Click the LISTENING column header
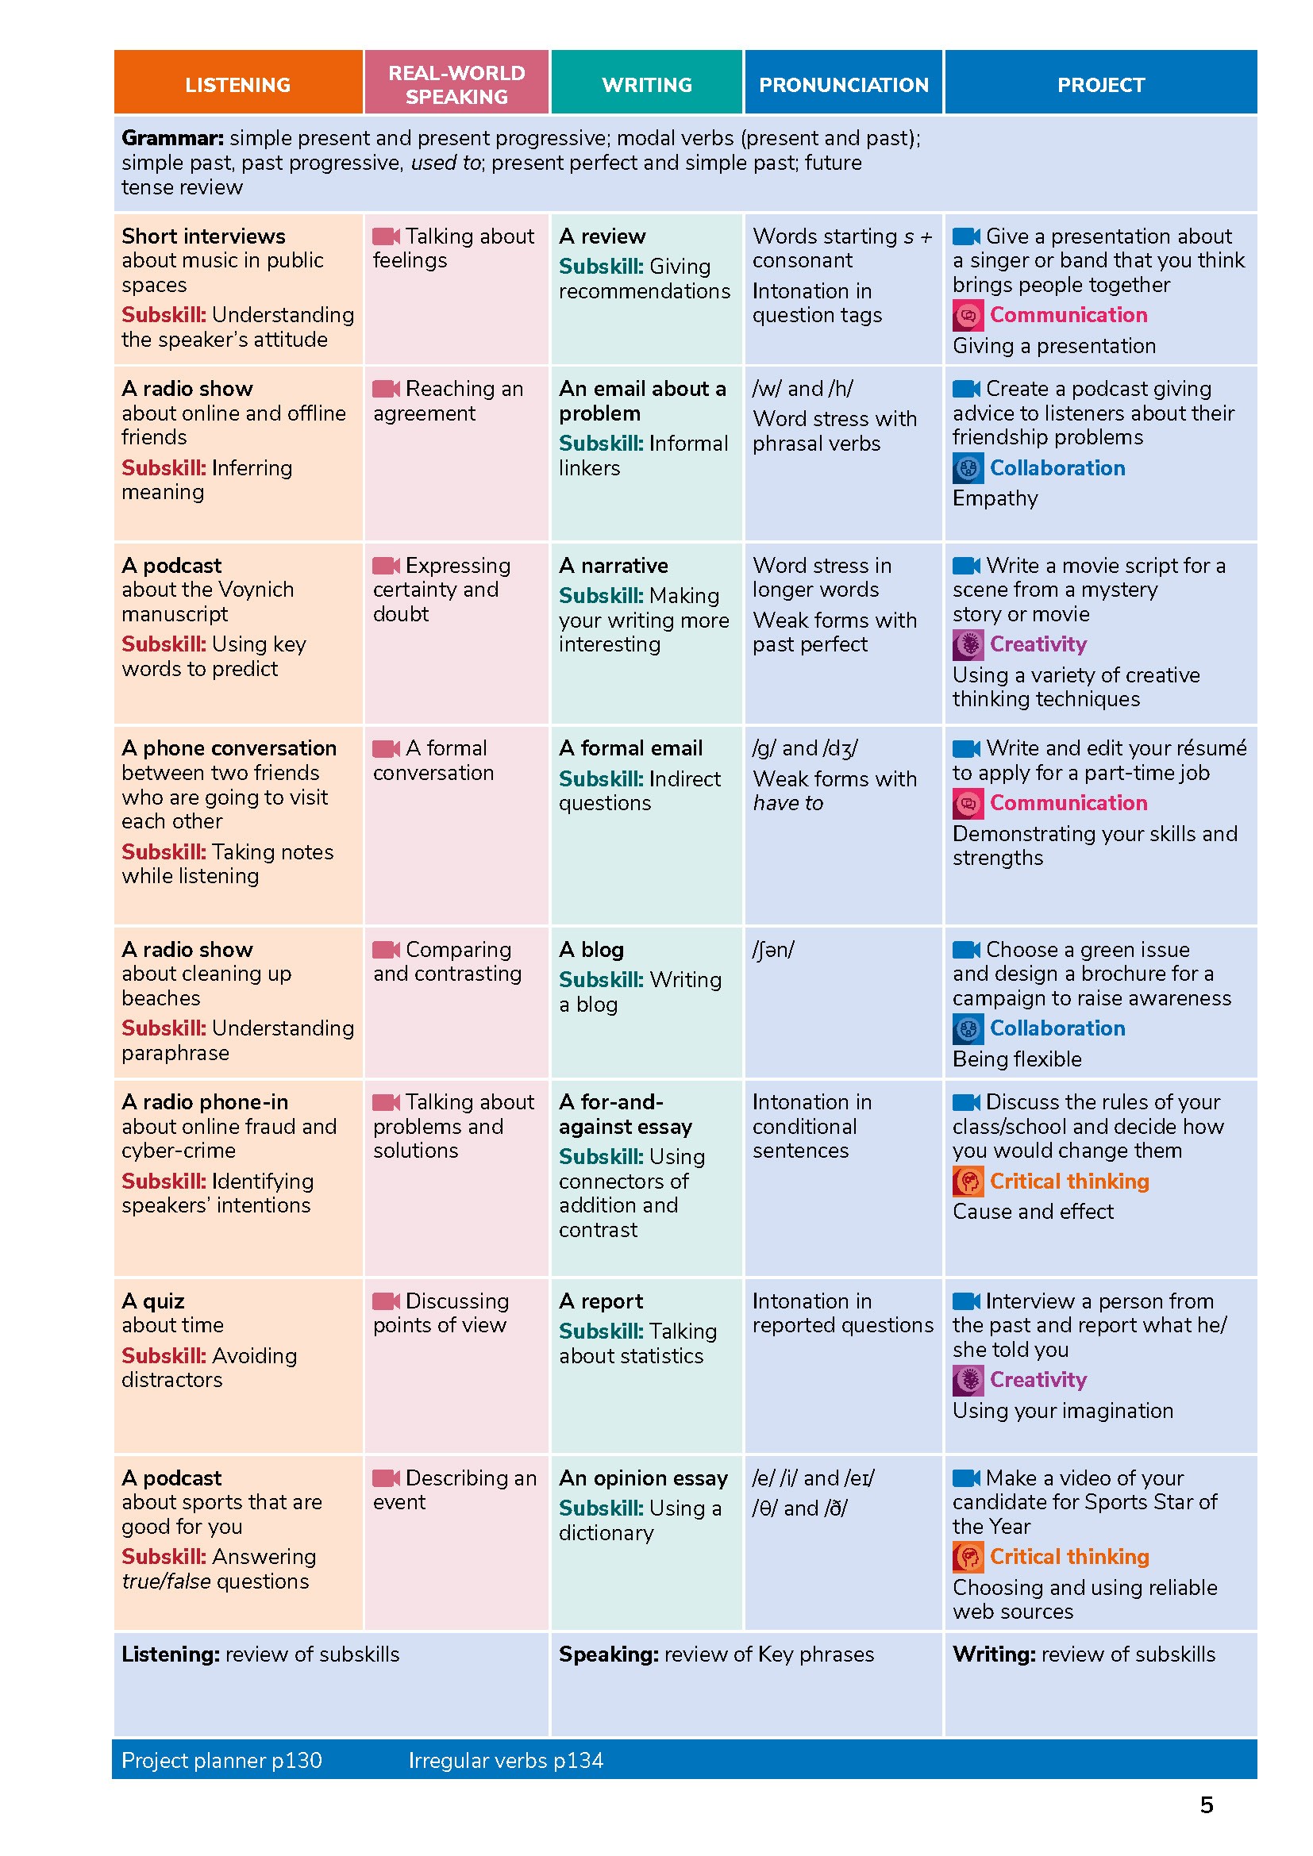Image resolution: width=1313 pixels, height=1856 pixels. (237, 85)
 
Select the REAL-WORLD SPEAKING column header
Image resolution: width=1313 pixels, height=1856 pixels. (456, 84)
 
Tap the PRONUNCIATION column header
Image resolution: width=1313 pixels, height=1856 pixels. (843, 85)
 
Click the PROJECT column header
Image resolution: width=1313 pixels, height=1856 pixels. (1100, 85)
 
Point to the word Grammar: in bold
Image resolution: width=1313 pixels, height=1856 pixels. (172, 138)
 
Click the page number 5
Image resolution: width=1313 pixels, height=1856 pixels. (1207, 1804)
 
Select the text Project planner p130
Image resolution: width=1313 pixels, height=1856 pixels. (221, 1760)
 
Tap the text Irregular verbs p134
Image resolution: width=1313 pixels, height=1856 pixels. (506, 1760)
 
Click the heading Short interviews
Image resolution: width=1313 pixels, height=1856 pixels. (203, 236)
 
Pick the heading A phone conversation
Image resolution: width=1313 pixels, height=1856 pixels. (229, 747)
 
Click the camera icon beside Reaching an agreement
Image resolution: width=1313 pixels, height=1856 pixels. (386, 389)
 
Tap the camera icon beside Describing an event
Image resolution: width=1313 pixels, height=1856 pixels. (386, 1477)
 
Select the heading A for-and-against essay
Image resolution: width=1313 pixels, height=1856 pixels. (625, 1114)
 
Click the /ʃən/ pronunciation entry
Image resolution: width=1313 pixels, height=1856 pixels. (773, 949)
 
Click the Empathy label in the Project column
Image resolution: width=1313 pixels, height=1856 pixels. (995, 498)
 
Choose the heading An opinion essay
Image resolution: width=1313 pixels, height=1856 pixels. (643, 1477)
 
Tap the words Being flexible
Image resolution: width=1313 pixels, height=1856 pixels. (1016, 1059)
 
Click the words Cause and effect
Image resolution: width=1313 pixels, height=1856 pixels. (1033, 1211)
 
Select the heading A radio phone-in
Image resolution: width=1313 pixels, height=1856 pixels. (205, 1102)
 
